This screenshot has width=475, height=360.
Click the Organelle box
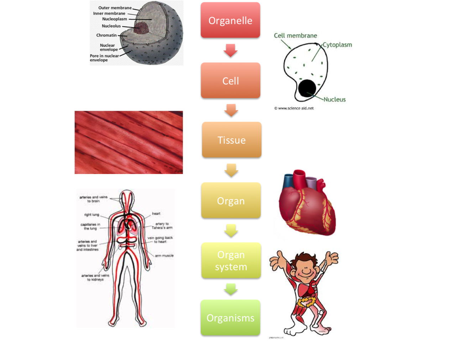tap(230, 20)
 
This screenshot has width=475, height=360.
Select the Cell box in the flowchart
tap(230, 80)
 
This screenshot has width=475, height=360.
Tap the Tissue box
tap(231, 139)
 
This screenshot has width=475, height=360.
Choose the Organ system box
tap(231, 260)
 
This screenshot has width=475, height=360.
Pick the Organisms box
tap(230, 317)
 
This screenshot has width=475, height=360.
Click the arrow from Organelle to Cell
tap(230, 50)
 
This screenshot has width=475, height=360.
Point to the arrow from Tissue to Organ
tap(231, 170)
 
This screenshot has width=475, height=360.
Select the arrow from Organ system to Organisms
tap(230, 288)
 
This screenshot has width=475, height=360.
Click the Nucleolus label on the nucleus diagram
tap(111, 26)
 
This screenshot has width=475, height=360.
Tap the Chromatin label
tap(106, 35)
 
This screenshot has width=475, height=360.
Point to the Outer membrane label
tap(115, 8)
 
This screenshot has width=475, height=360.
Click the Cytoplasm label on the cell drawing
tap(337, 45)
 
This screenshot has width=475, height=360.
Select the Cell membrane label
tap(295, 36)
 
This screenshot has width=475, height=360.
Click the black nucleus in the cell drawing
tap(307, 88)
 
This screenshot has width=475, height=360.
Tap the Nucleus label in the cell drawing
tap(334, 100)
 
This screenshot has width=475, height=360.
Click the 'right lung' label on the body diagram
tap(92, 215)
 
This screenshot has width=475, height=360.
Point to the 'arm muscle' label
tap(164, 255)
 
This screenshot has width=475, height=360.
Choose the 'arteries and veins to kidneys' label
tap(95, 277)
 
